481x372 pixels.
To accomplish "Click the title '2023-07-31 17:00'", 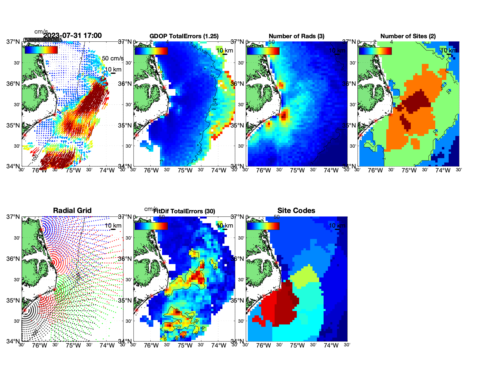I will (73, 36).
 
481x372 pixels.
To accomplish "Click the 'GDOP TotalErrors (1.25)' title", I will (184, 36).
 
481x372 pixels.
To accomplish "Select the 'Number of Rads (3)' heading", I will (296, 36).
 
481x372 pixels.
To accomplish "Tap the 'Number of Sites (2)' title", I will (408, 36).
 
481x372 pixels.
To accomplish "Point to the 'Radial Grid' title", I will (72, 211).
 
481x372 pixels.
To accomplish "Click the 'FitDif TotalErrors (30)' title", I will (184, 211).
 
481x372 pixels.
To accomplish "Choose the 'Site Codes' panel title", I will (296, 211).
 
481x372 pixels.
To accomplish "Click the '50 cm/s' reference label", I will (113, 58).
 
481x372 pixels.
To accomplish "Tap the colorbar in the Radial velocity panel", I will (41, 50).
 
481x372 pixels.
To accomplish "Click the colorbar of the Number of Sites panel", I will (375, 51).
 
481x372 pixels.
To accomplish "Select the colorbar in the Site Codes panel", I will (263, 226).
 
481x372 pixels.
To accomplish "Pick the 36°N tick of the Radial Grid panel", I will (13, 259).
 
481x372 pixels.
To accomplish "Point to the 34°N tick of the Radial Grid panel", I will (13, 341).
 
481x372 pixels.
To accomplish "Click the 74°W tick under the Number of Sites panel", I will (443, 171).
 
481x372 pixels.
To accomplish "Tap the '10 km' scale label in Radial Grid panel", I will (113, 226).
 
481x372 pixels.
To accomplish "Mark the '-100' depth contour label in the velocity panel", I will (35, 158).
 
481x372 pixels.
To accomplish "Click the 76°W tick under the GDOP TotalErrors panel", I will (151, 171).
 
